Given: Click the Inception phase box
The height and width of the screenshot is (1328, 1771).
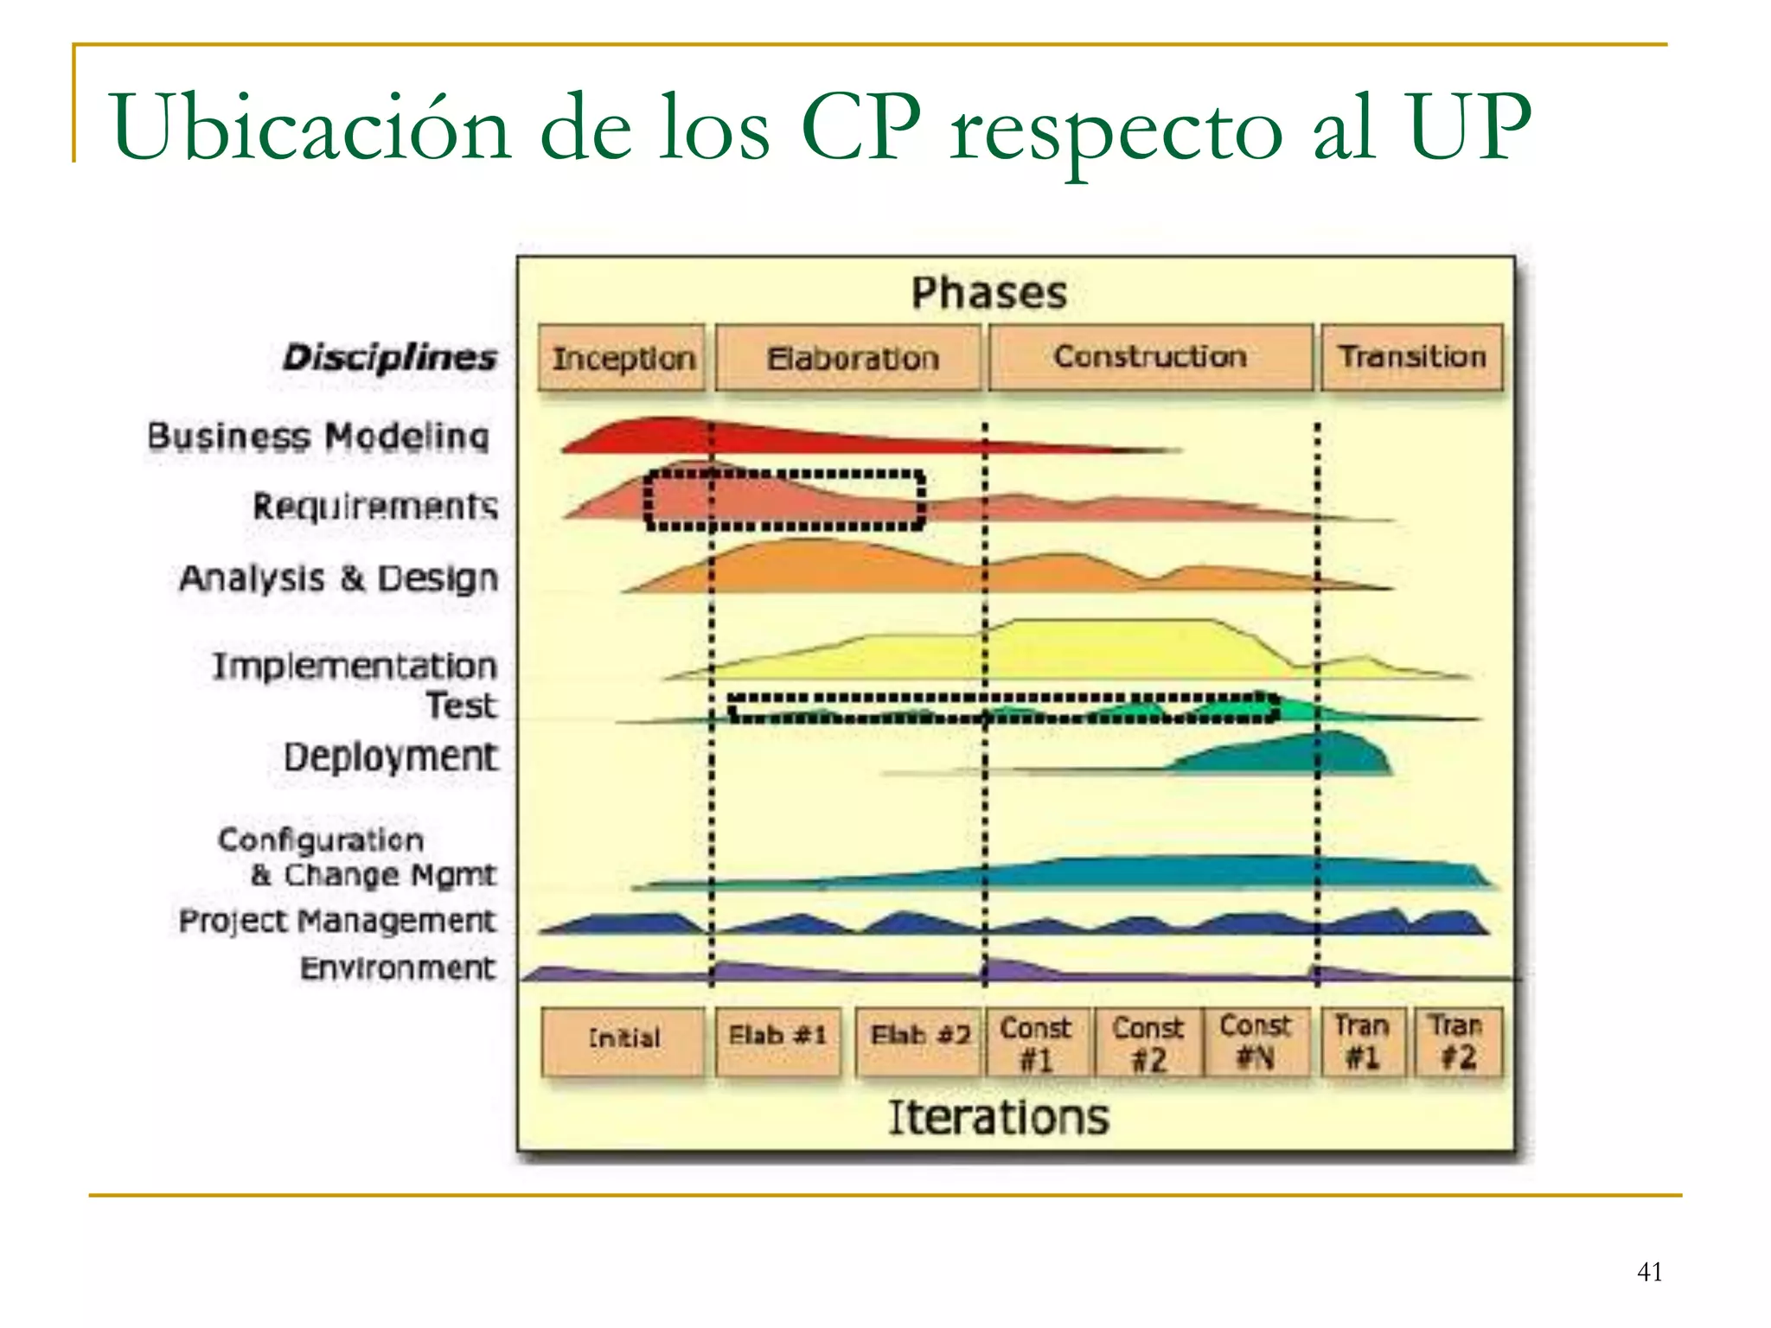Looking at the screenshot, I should [x=622, y=358].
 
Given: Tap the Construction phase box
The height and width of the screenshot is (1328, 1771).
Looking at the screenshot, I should [x=1150, y=357].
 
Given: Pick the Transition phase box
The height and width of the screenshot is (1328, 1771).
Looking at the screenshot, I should [x=1412, y=357].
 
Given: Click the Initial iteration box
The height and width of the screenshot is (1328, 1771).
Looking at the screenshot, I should [x=623, y=1040].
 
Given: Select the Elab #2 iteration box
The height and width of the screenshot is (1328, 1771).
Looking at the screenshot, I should [x=919, y=1040].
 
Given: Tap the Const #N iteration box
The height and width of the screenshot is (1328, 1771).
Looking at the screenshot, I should [x=1256, y=1041].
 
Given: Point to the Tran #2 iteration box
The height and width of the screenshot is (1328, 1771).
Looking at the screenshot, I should [x=1457, y=1041].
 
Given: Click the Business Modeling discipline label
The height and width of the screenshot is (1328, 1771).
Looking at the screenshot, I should [x=318, y=437].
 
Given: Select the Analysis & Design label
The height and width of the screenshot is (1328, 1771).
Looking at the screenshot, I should [x=339, y=578].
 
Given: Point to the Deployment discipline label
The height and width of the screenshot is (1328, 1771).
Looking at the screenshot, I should [x=391, y=757].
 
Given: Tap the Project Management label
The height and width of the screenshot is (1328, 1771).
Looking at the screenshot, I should [x=337, y=922].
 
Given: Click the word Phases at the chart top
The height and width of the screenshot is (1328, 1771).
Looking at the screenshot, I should [x=989, y=293].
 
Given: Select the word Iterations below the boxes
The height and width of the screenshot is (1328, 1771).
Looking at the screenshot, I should [x=999, y=1117].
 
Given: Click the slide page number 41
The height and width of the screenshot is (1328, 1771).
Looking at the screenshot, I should [x=1649, y=1272].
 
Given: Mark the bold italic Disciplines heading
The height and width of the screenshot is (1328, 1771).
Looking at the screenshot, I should [x=390, y=358].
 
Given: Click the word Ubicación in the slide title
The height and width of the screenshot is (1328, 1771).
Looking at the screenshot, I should [x=310, y=128].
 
